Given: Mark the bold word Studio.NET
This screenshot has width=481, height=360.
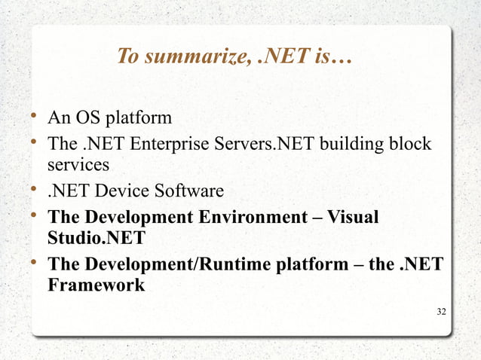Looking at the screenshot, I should pyautogui.click(x=97, y=239).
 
